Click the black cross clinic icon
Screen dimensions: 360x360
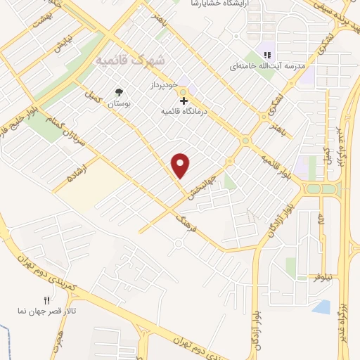click(x=184, y=101)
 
